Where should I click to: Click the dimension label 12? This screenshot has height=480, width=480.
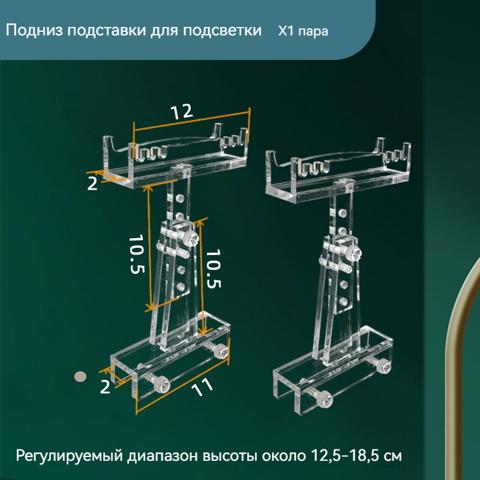[181, 112]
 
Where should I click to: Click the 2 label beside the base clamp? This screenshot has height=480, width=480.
[106, 387]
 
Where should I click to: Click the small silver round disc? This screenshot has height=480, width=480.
[79, 376]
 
